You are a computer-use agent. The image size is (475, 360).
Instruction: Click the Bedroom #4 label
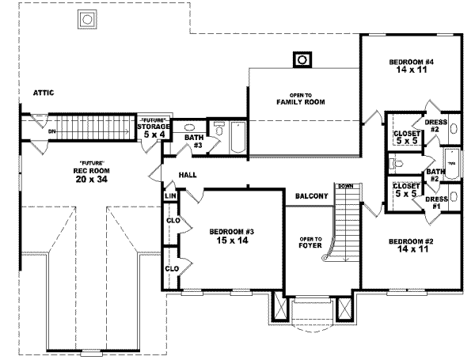coord(410,66)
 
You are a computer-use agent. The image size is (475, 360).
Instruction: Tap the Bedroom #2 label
coord(409,245)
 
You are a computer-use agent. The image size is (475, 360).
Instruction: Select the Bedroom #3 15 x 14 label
coord(231,236)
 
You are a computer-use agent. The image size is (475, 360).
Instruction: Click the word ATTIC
coord(44,93)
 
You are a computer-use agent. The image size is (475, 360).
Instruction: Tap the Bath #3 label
coord(194,141)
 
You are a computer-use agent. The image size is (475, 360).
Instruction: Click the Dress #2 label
coord(437,126)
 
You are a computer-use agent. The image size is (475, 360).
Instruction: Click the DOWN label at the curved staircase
coord(344,185)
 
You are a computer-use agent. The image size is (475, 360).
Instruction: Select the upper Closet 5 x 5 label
coord(406,138)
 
